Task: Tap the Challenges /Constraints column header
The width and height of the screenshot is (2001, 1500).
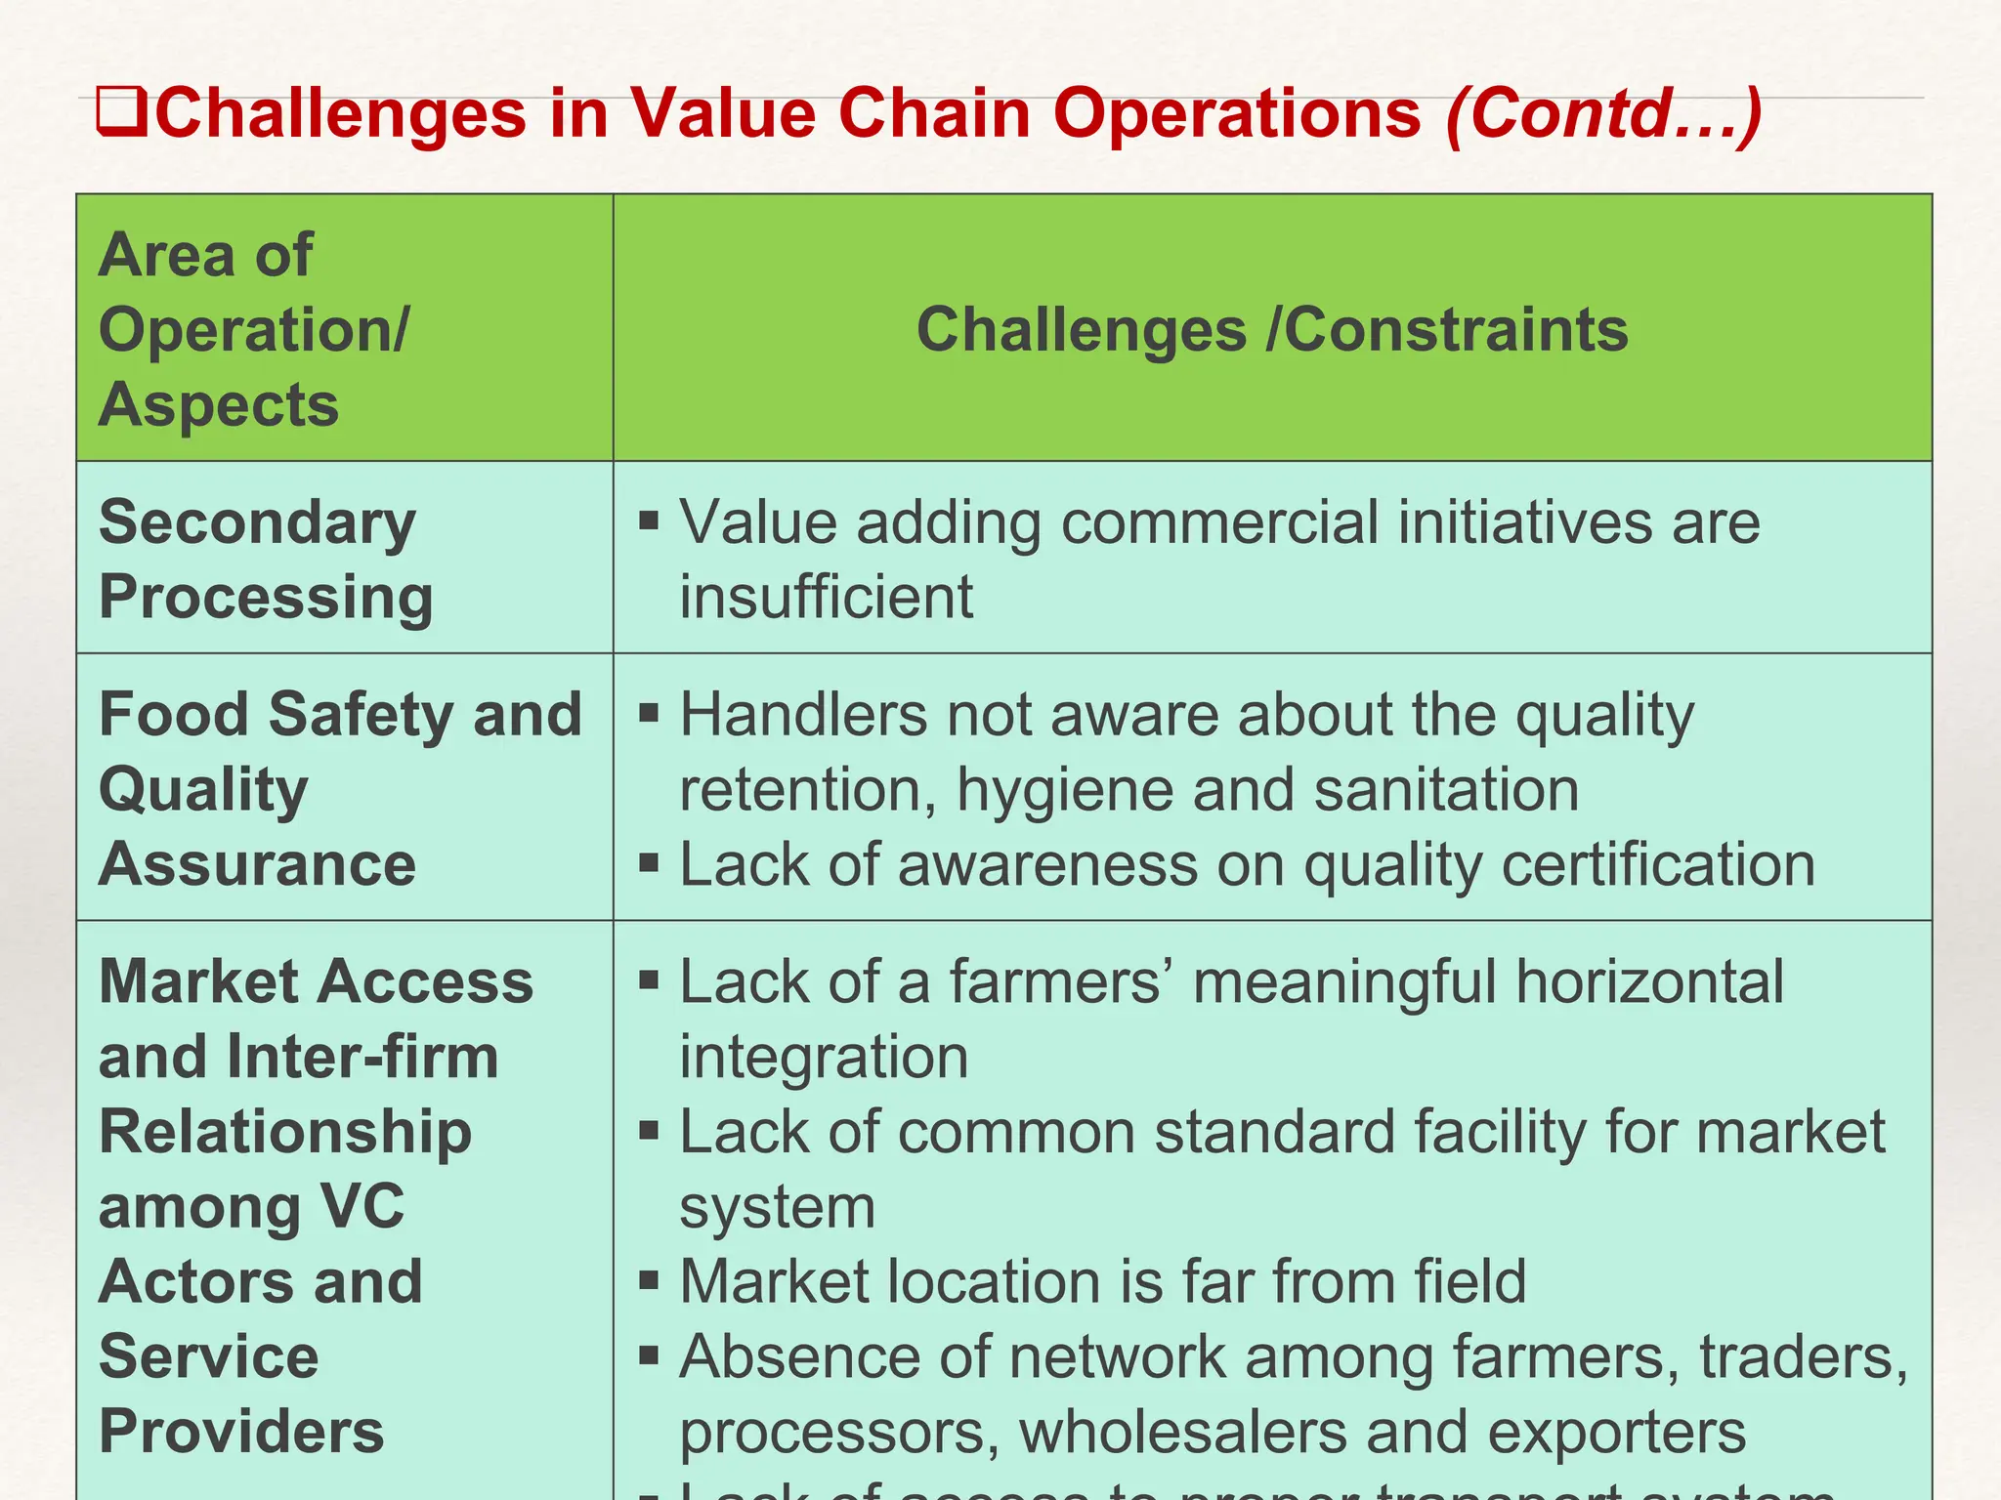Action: (x=1272, y=329)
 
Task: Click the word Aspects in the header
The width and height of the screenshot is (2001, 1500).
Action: (x=219, y=404)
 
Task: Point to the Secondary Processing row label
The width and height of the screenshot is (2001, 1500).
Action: (x=266, y=559)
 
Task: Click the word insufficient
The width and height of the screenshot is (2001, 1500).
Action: (x=827, y=597)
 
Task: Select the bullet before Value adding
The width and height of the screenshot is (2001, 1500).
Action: (x=649, y=520)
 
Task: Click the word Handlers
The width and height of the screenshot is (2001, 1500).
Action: (x=804, y=714)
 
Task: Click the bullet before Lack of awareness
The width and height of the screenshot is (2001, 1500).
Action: (x=649, y=862)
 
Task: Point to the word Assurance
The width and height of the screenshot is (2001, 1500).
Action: (x=258, y=864)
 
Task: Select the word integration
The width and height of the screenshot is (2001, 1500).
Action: (x=824, y=1057)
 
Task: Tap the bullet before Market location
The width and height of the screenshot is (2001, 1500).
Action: (x=649, y=1279)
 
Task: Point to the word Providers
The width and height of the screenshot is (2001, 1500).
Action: (x=242, y=1432)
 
